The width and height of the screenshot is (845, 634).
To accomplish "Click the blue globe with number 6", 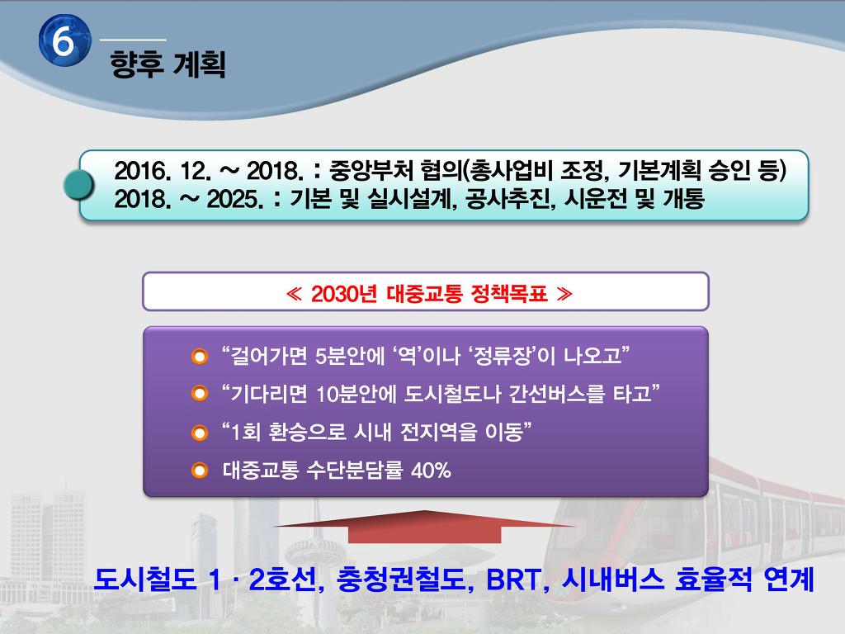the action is point(64,41).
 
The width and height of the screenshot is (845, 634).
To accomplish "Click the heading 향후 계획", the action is point(168,64).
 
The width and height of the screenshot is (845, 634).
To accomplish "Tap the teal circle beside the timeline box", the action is point(78,185).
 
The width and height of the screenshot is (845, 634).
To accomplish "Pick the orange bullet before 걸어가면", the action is point(200,357).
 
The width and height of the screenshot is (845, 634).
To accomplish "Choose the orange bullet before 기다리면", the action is point(200,394).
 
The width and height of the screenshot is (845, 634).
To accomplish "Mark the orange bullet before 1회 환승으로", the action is point(200,433).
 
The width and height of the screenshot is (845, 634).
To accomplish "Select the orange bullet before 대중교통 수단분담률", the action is point(200,470).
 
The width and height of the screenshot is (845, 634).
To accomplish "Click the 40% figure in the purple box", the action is point(431,470).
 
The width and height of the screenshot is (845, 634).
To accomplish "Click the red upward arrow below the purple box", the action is point(424,526).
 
